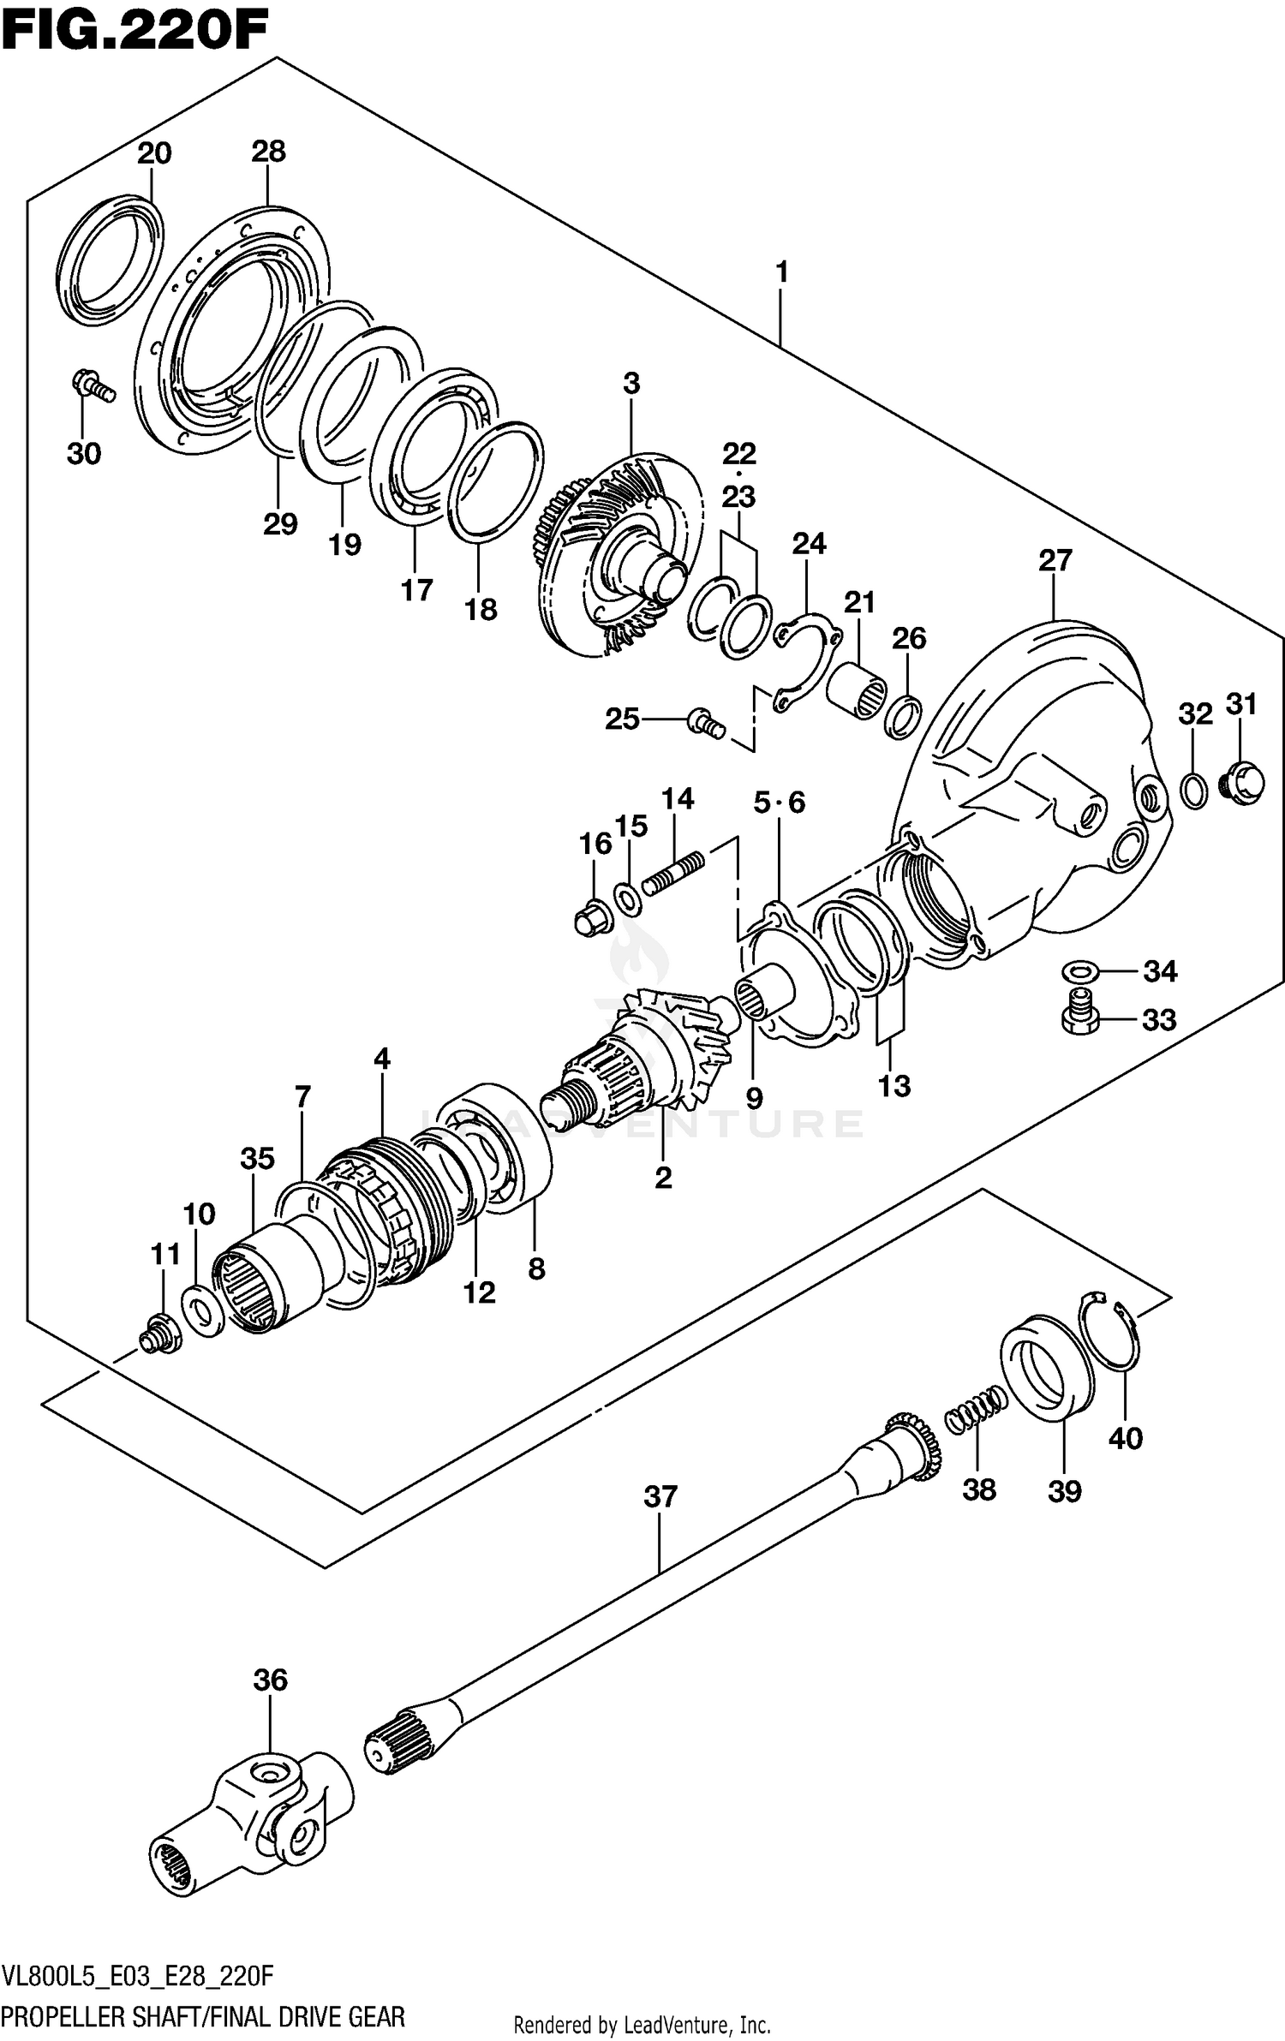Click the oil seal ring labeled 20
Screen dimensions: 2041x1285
point(111,260)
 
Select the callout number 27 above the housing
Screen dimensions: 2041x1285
point(1055,561)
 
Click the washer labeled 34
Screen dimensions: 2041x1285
point(1081,971)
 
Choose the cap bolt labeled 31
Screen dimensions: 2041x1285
point(1244,782)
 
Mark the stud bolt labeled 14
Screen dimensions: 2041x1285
point(673,874)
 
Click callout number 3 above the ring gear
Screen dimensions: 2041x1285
point(631,384)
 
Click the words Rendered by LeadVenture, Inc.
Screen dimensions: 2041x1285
point(642,2018)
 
